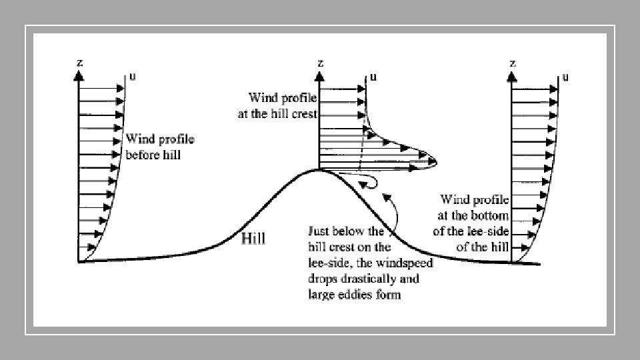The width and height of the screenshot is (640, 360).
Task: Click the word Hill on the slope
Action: (253, 239)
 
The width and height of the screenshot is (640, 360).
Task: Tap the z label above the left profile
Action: (79, 63)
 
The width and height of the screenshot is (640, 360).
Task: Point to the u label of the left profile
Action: (133, 76)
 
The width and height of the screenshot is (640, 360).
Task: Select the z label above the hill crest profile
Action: (321, 63)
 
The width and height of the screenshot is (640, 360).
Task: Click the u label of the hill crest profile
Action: (373, 76)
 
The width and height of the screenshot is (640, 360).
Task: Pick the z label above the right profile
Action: (512, 63)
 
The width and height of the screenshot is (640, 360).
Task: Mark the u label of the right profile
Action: (565, 76)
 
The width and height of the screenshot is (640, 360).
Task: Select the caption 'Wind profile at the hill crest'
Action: (277, 106)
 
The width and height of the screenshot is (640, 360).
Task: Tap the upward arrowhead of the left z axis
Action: (79, 76)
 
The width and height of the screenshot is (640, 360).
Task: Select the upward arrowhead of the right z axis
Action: (512, 76)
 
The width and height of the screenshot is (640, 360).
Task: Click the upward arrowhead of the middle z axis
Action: (321, 76)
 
